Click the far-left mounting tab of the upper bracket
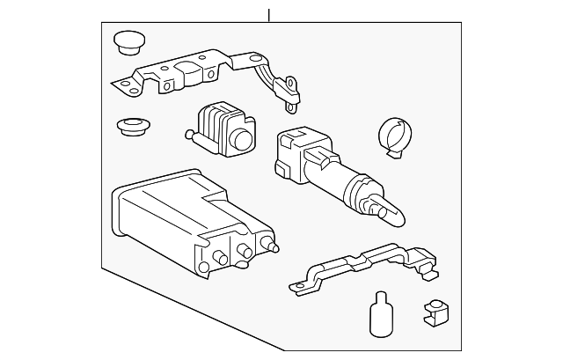pos(121,85)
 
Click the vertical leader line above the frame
pos(269,12)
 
